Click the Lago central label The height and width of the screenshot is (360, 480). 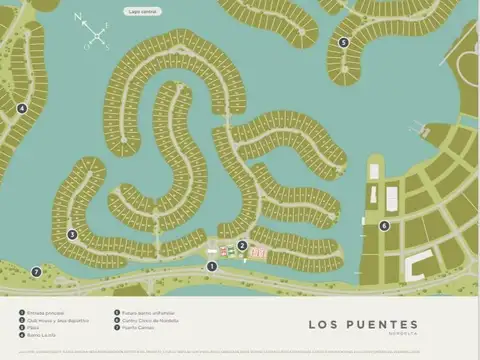coord(142,11)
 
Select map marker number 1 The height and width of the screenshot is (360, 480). coord(211,266)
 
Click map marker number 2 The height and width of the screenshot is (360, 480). coord(242,246)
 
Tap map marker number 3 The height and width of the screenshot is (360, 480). coord(72,235)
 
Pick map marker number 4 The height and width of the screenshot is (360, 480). coord(22,109)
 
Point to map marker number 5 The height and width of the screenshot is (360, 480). coord(344,43)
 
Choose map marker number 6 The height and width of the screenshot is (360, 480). coord(384,226)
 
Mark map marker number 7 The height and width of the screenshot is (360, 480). coord(36,272)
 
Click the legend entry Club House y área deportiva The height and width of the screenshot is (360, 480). coord(55,320)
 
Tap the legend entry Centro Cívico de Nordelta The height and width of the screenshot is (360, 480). coord(151,320)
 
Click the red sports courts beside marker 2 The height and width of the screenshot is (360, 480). coord(259,253)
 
